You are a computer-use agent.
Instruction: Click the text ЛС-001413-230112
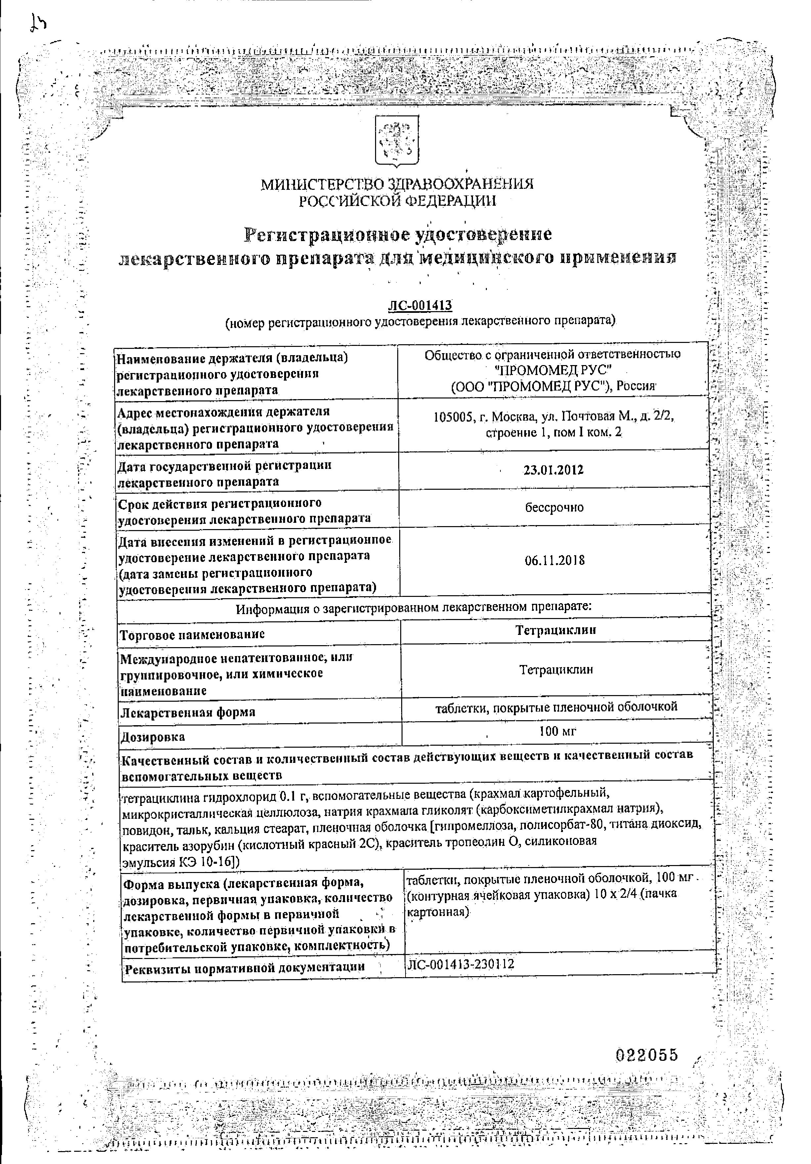pyautogui.click(x=460, y=964)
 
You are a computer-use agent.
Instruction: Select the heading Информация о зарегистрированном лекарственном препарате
pyautogui.click(x=413, y=607)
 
